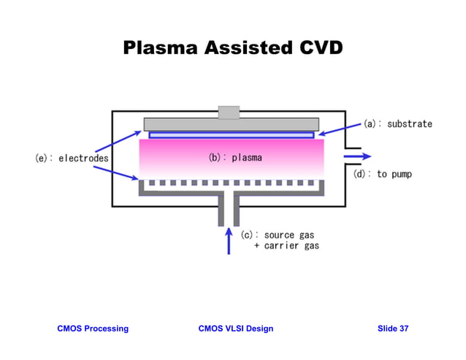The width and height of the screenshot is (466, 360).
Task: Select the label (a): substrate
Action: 398,124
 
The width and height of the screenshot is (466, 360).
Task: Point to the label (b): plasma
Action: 235,157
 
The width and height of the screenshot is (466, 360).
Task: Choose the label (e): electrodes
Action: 72,158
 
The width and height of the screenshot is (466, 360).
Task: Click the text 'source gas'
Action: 289,235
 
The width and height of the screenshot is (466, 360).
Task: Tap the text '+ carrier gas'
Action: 286,246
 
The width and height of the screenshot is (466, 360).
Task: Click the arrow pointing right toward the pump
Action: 357,156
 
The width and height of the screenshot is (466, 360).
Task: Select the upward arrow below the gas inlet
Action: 229,240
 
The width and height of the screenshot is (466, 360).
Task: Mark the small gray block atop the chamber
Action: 229,112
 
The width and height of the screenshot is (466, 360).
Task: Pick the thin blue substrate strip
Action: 231,135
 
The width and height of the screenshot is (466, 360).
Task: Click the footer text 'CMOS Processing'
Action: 93,329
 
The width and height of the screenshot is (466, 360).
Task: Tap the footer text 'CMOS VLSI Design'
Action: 236,329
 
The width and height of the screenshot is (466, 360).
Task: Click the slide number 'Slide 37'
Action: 393,329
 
